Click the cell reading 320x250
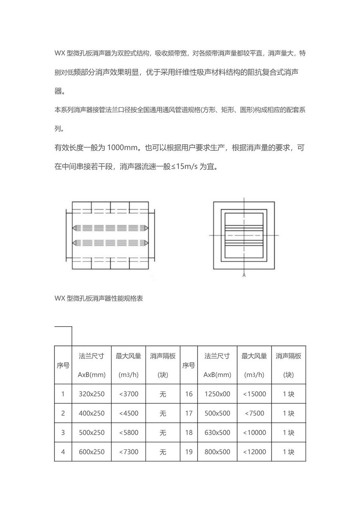tap(92, 394)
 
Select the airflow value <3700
tap(128, 394)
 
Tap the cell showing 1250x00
tap(217, 394)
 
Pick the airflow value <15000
tap(254, 394)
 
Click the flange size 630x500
tap(217, 433)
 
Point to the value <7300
tap(128, 452)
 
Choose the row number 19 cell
tap(189, 452)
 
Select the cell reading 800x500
tap(217, 452)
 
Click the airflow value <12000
tap(254, 452)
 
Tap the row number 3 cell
tap(63, 433)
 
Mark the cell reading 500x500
tap(217, 413)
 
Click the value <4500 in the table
tap(128, 413)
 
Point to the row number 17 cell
tap(189, 413)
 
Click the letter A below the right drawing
tap(244, 275)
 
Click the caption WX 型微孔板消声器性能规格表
tap(98, 299)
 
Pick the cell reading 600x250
tap(92, 452)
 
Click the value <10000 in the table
tap(254, 433)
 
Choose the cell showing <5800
tap(128, 433)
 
